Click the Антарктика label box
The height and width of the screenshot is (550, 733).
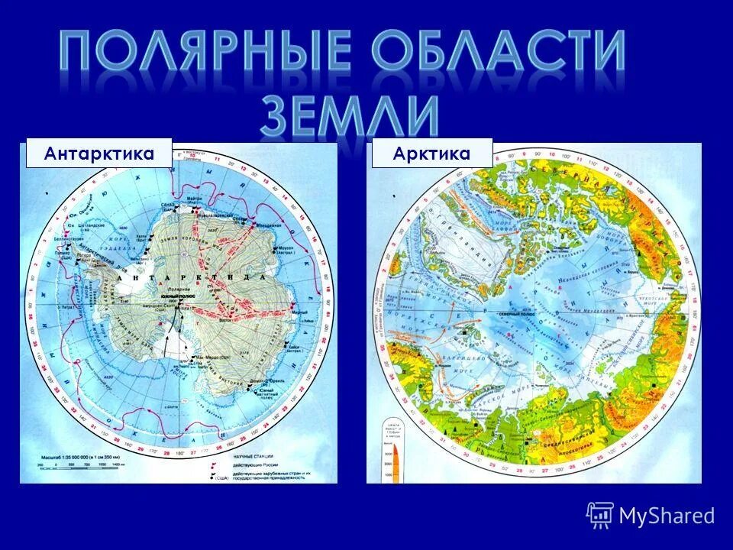click(x=99, y=154)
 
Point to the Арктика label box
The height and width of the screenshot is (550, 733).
click(x=432, y=154)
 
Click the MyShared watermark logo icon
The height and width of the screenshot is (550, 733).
click(x=600, y=515)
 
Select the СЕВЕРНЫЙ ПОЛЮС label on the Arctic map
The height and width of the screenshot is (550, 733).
click(x=517, y=313)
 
